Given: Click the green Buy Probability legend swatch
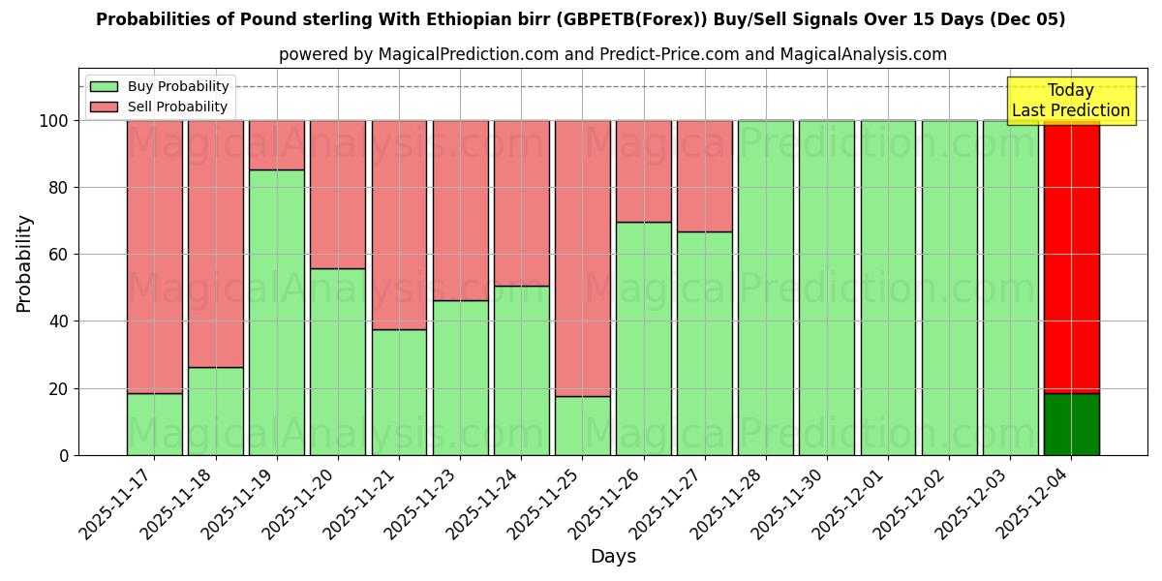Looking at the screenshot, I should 104,87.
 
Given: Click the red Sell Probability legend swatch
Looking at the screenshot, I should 104,107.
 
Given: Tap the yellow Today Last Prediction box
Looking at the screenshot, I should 1070,101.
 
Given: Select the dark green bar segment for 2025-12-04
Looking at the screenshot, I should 1071,424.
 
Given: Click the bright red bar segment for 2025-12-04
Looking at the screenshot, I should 1071,257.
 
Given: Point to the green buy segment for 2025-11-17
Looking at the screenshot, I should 154,424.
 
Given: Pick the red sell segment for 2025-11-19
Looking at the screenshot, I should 277,145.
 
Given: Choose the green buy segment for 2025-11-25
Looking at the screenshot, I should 582,426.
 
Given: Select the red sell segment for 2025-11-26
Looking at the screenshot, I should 643,171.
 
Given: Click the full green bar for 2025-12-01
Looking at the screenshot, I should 888,288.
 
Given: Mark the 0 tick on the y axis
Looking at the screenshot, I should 65,455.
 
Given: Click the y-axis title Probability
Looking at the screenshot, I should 24,263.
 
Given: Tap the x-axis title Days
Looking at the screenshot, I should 613,557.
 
